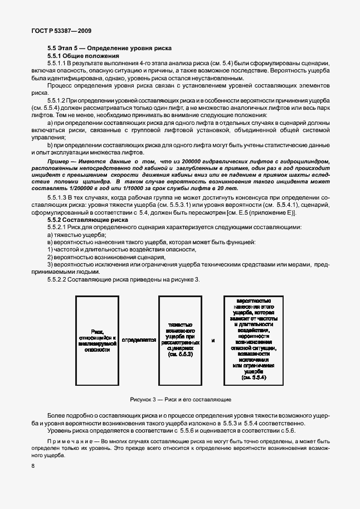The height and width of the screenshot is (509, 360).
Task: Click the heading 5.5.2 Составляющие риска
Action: (x=80, y=220)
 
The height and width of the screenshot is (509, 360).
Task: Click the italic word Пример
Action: (x=59, y=162)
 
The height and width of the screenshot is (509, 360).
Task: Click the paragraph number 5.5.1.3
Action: (x=59, y=198)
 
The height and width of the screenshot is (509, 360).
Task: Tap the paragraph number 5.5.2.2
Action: (x=59, y=278)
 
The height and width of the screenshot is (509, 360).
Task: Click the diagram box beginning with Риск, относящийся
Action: (x=97, y=340)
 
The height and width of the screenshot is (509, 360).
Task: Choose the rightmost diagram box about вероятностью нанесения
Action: (x=254, y=340)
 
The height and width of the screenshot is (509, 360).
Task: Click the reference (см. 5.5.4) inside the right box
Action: (x=254, y=377)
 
